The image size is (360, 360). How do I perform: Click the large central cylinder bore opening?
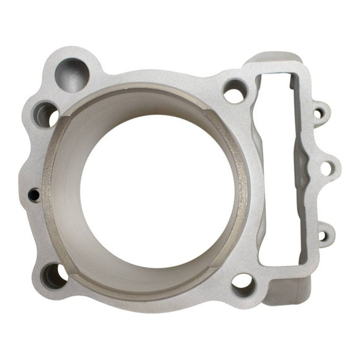click(158, 186)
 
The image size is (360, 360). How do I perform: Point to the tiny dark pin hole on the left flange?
click(35, 195)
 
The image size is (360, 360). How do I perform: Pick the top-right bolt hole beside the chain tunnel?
click(235, 92)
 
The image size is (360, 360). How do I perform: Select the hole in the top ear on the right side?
click(319, 114)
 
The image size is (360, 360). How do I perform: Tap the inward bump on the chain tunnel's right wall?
click(305, 168)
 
